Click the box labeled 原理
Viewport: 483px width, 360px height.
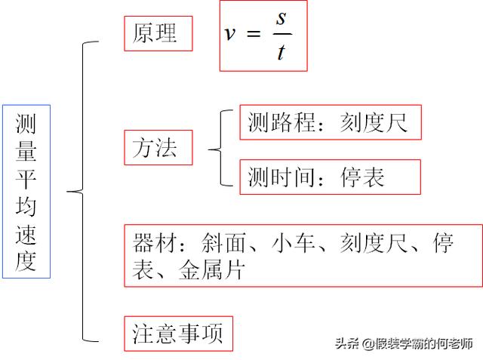pos(158,33)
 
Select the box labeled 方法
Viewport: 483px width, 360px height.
pos(158,147)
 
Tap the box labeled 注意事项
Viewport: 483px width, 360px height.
pos(178,334)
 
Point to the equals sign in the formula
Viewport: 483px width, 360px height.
pos(254,35)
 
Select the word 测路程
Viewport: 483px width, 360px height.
pos(281,122)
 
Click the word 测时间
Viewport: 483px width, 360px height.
pos(281,176)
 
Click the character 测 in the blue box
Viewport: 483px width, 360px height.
pos(26,125)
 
